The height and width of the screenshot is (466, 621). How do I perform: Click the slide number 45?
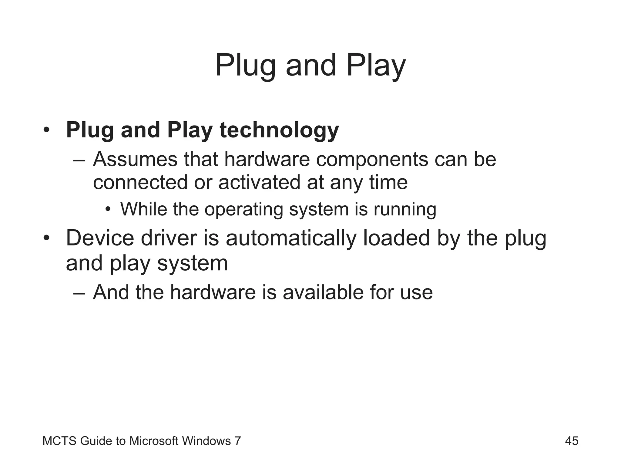(x=572, y=441)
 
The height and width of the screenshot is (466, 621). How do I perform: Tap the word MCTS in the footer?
(x=59, y=441)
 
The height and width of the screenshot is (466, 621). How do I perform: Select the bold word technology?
(x=279, y=130)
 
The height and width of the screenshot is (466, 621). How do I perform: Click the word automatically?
(x=291, y=238)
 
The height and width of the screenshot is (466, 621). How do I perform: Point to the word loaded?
(x=397, y=238)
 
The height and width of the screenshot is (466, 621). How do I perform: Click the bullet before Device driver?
(x=46, y=238)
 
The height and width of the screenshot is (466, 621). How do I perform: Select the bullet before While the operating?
(x=108, y=209)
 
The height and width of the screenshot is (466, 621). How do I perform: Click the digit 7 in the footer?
(x=238, y=441)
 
